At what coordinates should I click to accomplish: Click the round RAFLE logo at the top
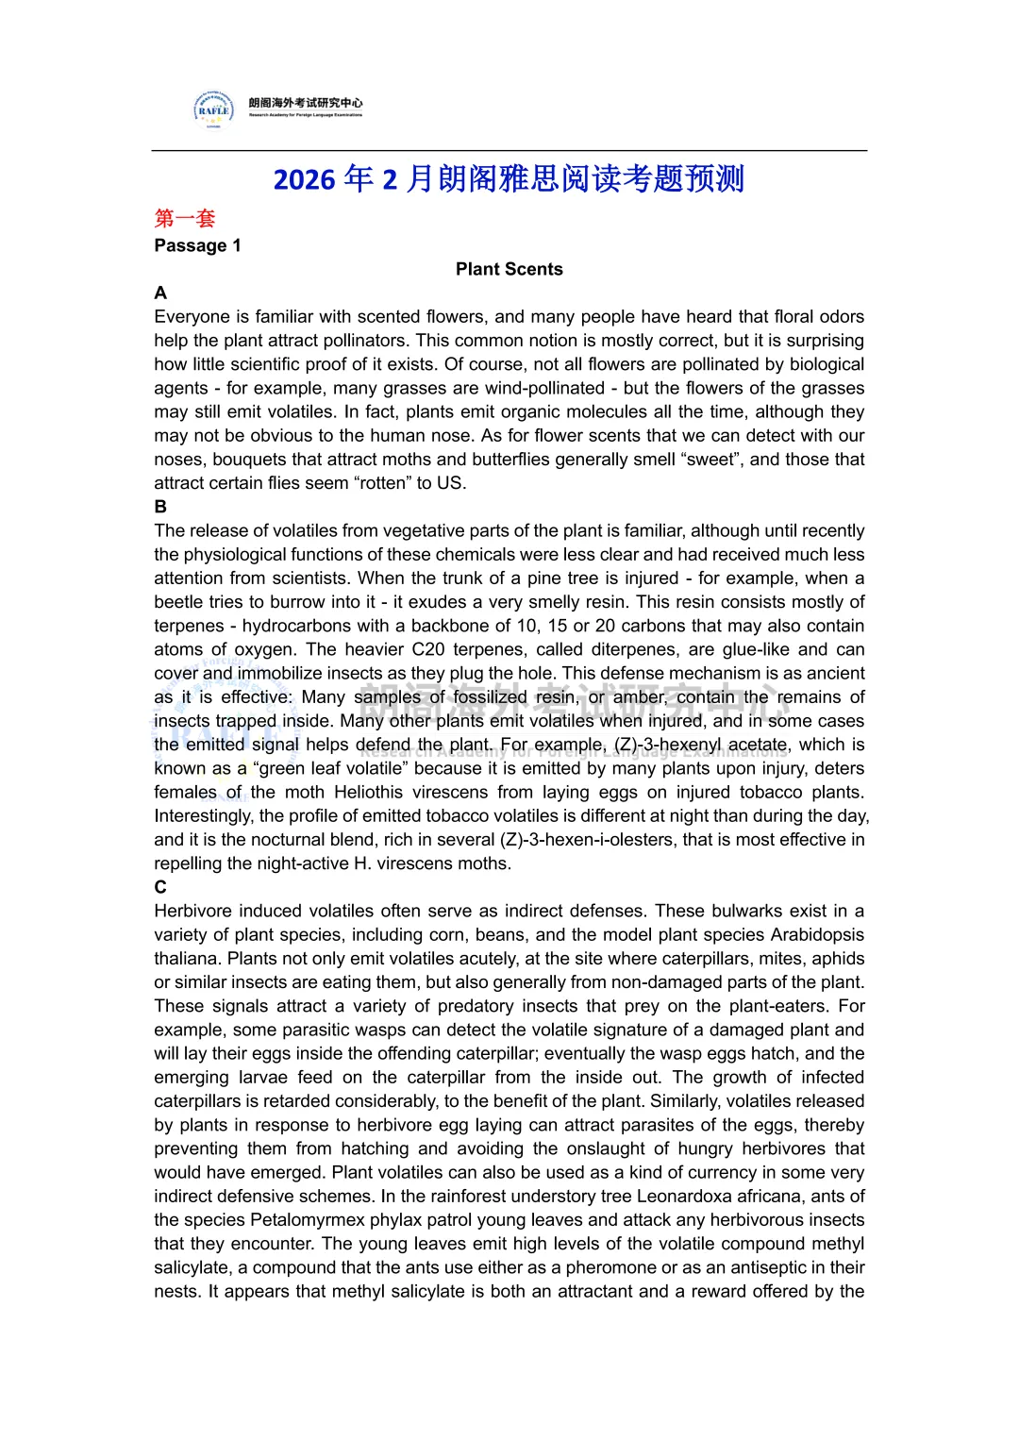coord(214,109)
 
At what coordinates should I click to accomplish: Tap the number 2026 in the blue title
coord(304,179)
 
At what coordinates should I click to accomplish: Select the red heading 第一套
coord(185,219)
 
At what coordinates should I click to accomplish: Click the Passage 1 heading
coord(197,245)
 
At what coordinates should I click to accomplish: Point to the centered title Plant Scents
coord(509,269)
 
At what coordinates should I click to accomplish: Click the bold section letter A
coord(160,293)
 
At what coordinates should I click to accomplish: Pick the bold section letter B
coord(160,507)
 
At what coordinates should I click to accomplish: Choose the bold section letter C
coord(160,887)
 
